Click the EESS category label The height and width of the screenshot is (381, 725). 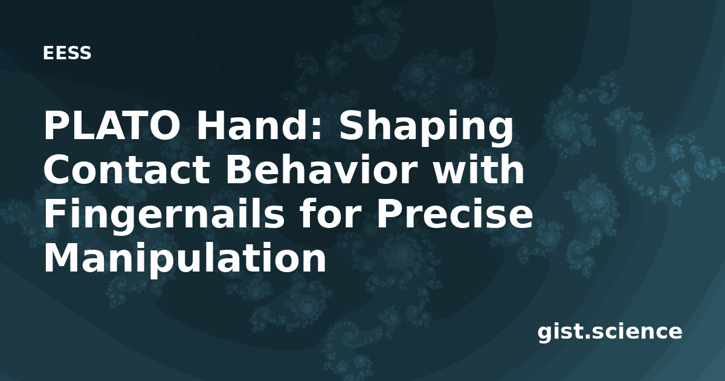click(67, 53)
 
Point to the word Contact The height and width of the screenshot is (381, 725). click(126, 170)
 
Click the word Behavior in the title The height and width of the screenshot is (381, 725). click(321, 169)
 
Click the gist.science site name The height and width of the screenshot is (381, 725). click(610, 333)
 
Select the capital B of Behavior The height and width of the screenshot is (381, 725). click(238, 170)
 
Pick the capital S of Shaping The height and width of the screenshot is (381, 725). click(350, 126)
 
